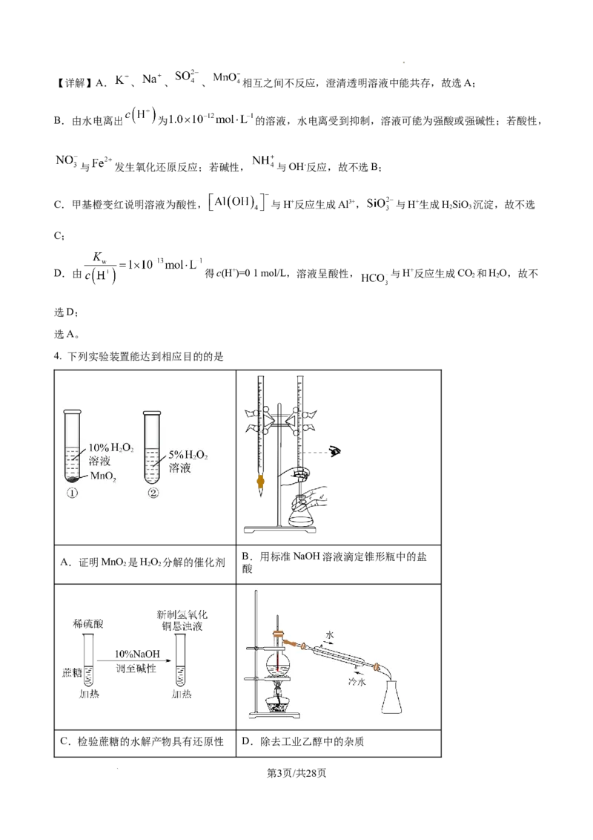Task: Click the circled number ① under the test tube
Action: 72,493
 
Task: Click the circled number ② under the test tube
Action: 153,493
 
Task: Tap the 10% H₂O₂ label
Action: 111,448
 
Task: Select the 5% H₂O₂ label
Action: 188,455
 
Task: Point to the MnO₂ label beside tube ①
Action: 103,476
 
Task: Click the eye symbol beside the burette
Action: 336,452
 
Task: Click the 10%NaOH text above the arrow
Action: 137,654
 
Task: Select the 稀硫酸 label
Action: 88,623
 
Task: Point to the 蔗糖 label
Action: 71,672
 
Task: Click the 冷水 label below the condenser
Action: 357,681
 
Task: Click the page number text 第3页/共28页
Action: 296,772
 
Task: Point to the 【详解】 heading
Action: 73,83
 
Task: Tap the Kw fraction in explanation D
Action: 100,267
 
